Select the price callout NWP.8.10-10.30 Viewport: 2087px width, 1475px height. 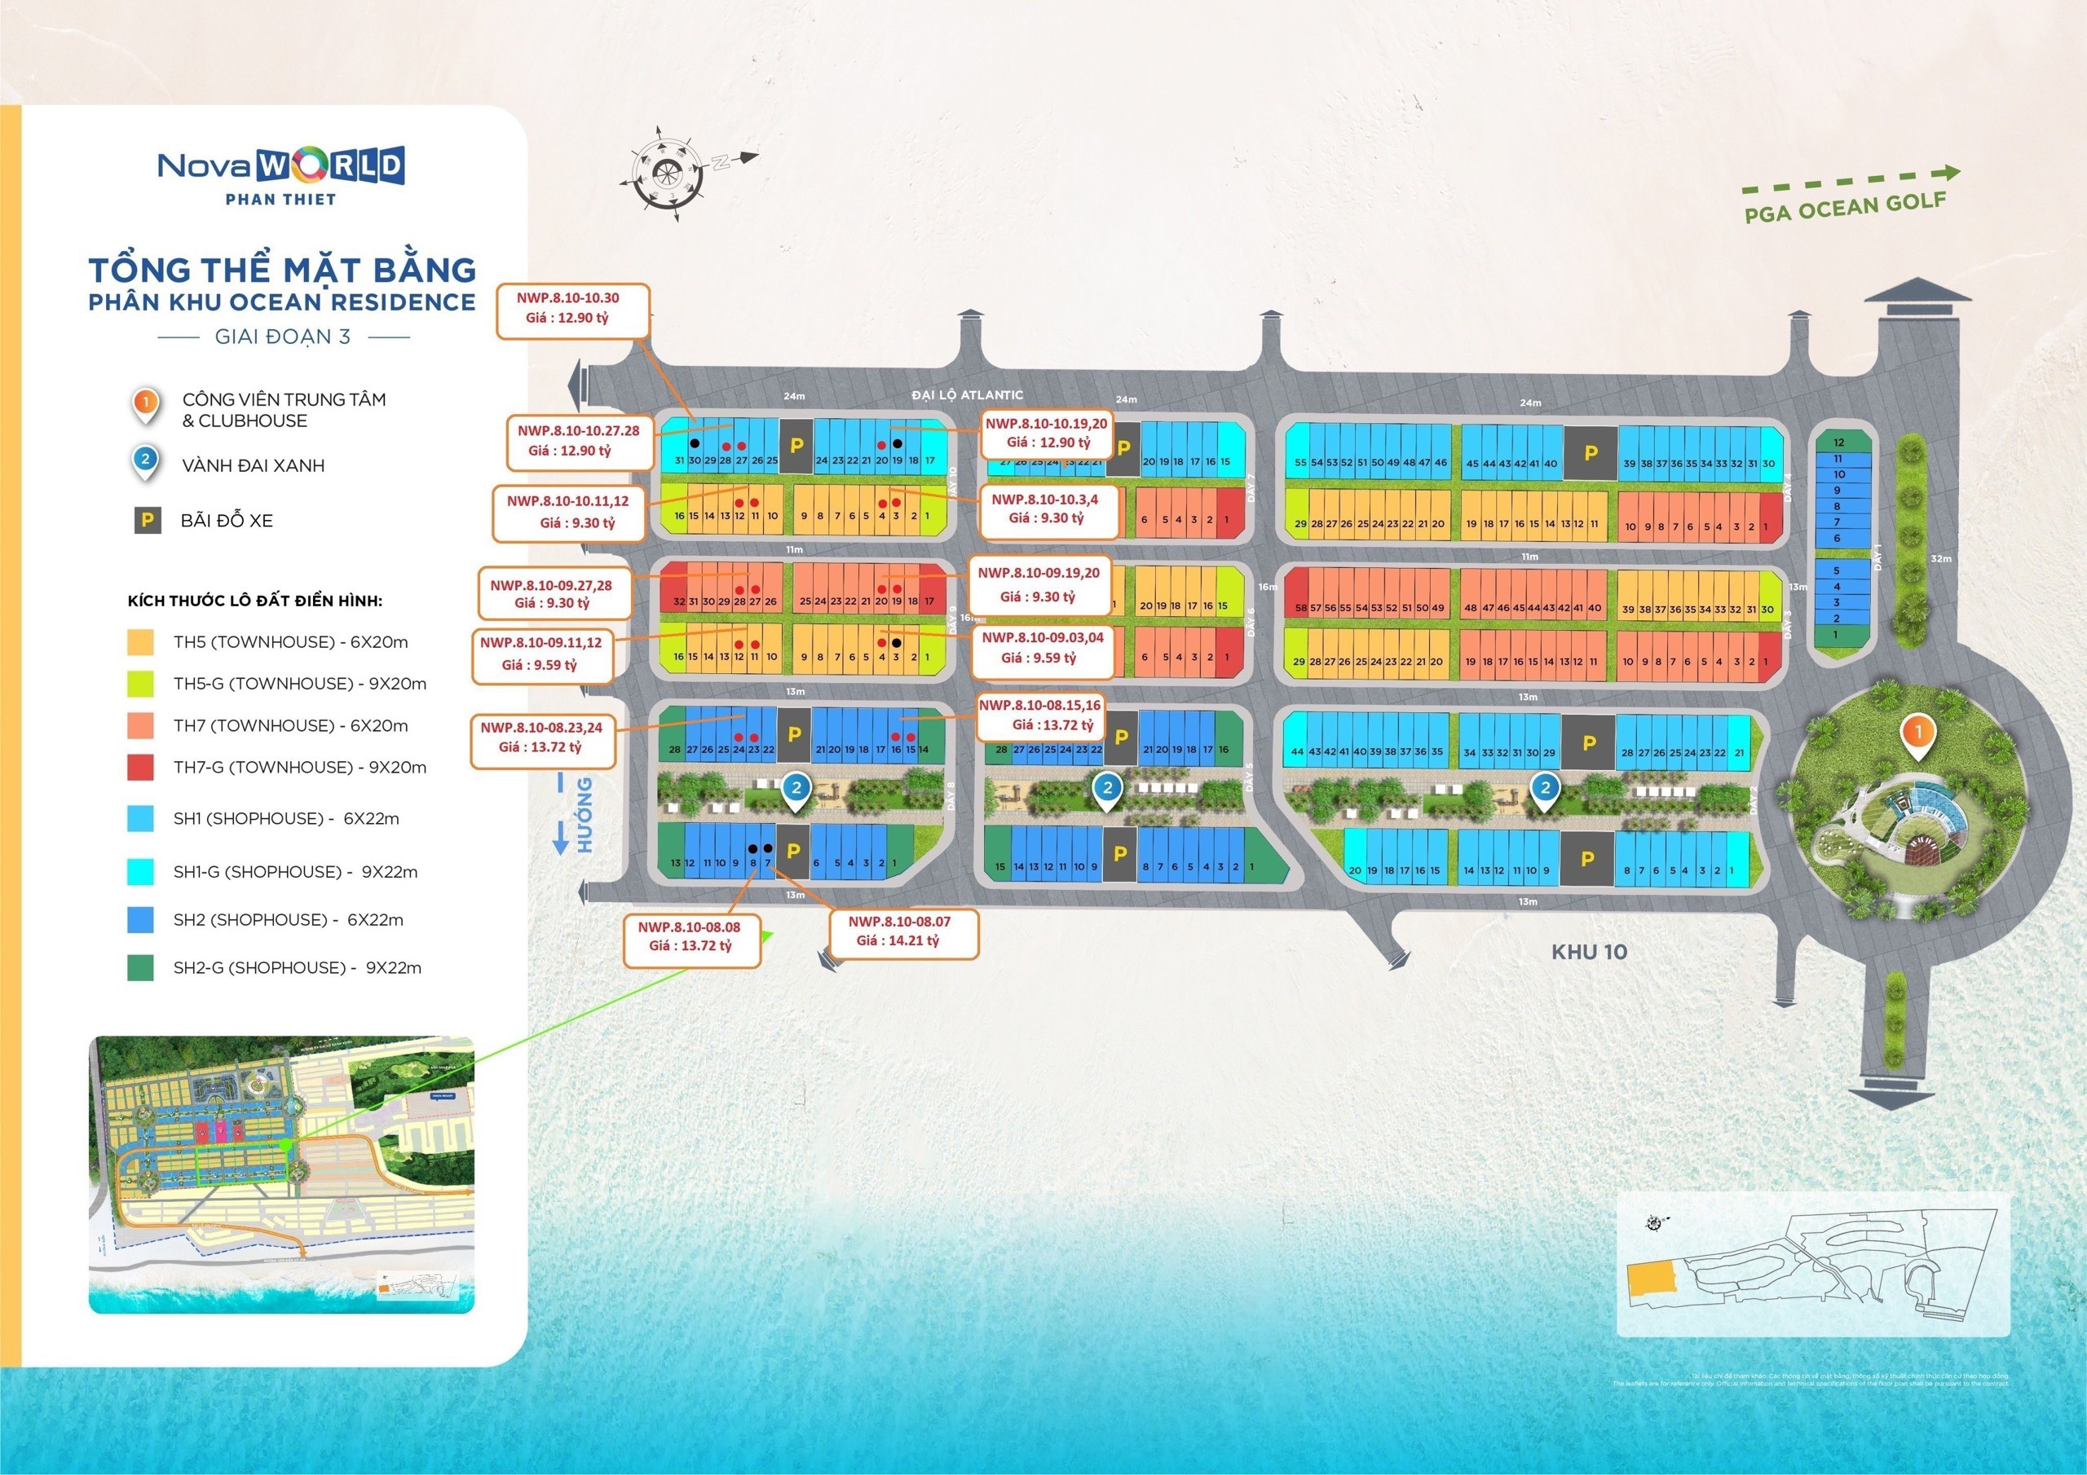point(572,309)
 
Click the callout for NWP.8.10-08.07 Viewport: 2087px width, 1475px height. point(903,931)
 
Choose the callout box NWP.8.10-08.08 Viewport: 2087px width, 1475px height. point(691,937)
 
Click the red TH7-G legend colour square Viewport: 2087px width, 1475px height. point(140,768)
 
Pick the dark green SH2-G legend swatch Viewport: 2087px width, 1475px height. point(140,968)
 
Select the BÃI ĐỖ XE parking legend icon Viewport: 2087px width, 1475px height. point(148,521)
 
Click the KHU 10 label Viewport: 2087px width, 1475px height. point(1589,953)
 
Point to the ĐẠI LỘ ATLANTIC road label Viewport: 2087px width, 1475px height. point(967,394)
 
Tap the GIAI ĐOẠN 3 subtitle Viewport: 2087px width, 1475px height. point(283,337)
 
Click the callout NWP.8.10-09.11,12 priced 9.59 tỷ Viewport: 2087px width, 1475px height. point(543,654)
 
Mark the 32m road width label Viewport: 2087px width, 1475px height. point(1940,558)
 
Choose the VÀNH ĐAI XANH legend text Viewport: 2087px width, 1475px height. point(253,465)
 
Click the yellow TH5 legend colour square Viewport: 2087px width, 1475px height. point(140,642)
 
